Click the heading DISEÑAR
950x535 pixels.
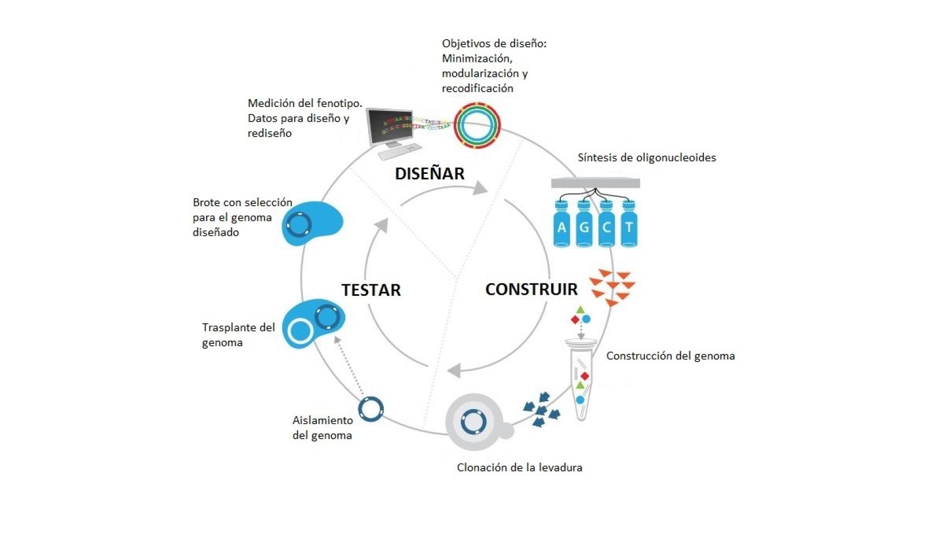429,173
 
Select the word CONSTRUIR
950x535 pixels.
531,289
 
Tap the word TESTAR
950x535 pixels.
371,290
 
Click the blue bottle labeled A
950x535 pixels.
562,225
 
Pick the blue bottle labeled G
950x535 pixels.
584,225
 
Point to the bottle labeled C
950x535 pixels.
606,225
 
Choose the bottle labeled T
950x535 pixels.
629,225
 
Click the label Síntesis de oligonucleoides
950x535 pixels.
647,158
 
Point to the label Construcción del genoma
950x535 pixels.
670,356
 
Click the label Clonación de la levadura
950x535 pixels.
520,468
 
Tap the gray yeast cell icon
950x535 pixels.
475,422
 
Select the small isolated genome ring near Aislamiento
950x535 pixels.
371,409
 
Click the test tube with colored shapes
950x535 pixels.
581,382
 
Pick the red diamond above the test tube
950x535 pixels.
575,320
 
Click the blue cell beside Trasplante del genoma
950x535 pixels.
312,324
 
